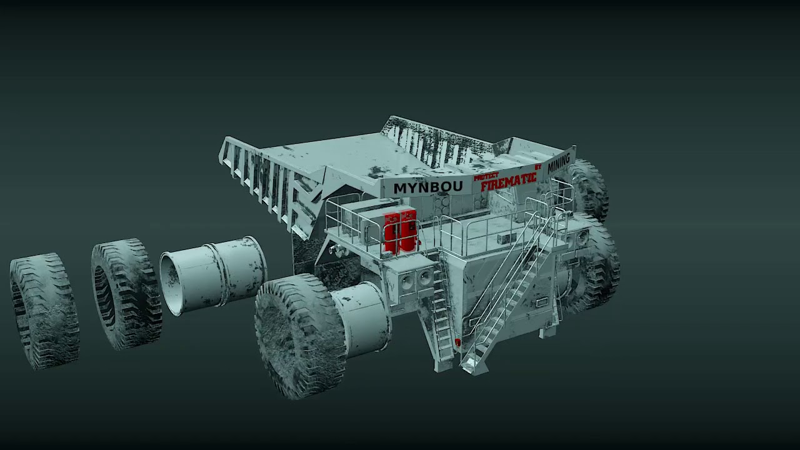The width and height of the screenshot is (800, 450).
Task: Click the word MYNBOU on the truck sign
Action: [428, 187]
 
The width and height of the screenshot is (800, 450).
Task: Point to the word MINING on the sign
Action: [559, 162]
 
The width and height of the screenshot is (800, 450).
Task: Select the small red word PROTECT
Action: [486, 177]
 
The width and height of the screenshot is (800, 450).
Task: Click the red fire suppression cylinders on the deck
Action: [400, 232]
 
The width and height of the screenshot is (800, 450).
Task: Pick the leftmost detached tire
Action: [44, 310]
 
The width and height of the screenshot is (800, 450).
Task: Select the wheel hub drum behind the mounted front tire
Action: [362, 319]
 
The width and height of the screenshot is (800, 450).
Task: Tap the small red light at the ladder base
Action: [458, 342]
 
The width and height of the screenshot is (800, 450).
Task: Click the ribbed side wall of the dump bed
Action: [262, 181]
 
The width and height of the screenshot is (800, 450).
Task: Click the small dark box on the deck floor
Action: [504, 239]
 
